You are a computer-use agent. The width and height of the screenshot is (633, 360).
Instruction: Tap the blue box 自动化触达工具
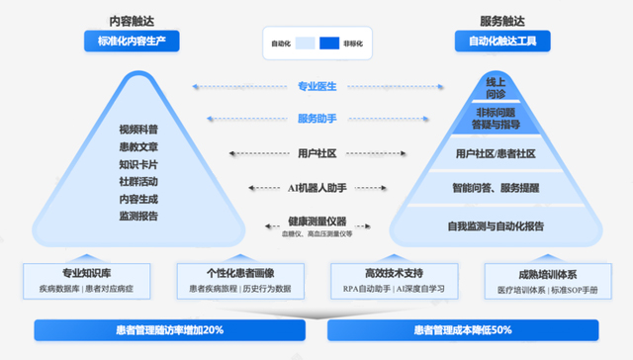502,42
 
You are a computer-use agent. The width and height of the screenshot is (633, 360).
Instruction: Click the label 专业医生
317,86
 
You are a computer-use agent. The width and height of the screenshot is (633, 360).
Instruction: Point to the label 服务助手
317,119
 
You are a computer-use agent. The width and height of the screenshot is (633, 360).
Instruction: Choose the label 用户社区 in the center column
317,153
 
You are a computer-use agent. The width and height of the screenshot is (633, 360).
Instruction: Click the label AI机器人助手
317,187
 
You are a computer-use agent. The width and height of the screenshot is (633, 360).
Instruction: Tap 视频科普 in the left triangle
137,130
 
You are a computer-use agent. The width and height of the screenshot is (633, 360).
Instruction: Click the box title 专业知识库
87,272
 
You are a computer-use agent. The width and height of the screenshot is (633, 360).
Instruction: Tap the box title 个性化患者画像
234,272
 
